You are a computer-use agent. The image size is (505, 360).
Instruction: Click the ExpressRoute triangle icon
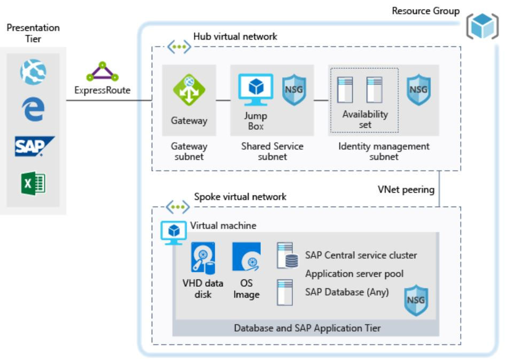pos(102,72)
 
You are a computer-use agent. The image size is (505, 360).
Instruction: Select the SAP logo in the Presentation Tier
pos(35,146)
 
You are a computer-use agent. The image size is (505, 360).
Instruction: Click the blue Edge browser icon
pos(34,108)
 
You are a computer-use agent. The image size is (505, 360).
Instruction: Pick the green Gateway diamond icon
pos(189,89)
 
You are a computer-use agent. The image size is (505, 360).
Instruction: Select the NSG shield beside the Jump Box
pos(293,89)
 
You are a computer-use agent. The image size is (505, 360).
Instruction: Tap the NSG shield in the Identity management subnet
pos(418,89)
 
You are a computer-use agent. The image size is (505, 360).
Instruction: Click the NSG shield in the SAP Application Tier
pos(415,300)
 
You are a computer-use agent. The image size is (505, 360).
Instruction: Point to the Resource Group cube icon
pos(482,27)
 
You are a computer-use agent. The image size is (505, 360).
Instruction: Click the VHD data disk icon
pos(203,257)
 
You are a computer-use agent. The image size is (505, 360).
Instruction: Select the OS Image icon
pos(246,257)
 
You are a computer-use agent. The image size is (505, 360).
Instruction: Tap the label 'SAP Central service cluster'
pos(361,255)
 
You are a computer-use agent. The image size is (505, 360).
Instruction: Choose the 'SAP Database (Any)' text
pos(346,292)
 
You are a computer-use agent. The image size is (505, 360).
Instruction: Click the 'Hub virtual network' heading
pos(235,36)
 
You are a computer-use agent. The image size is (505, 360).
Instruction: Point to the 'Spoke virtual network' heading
pos(240,197)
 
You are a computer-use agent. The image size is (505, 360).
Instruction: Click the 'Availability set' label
pos(365,119)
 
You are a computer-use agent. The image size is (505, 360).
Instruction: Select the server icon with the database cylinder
pos(287,256)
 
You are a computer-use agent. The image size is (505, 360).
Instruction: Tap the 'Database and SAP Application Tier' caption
pos(307,328)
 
